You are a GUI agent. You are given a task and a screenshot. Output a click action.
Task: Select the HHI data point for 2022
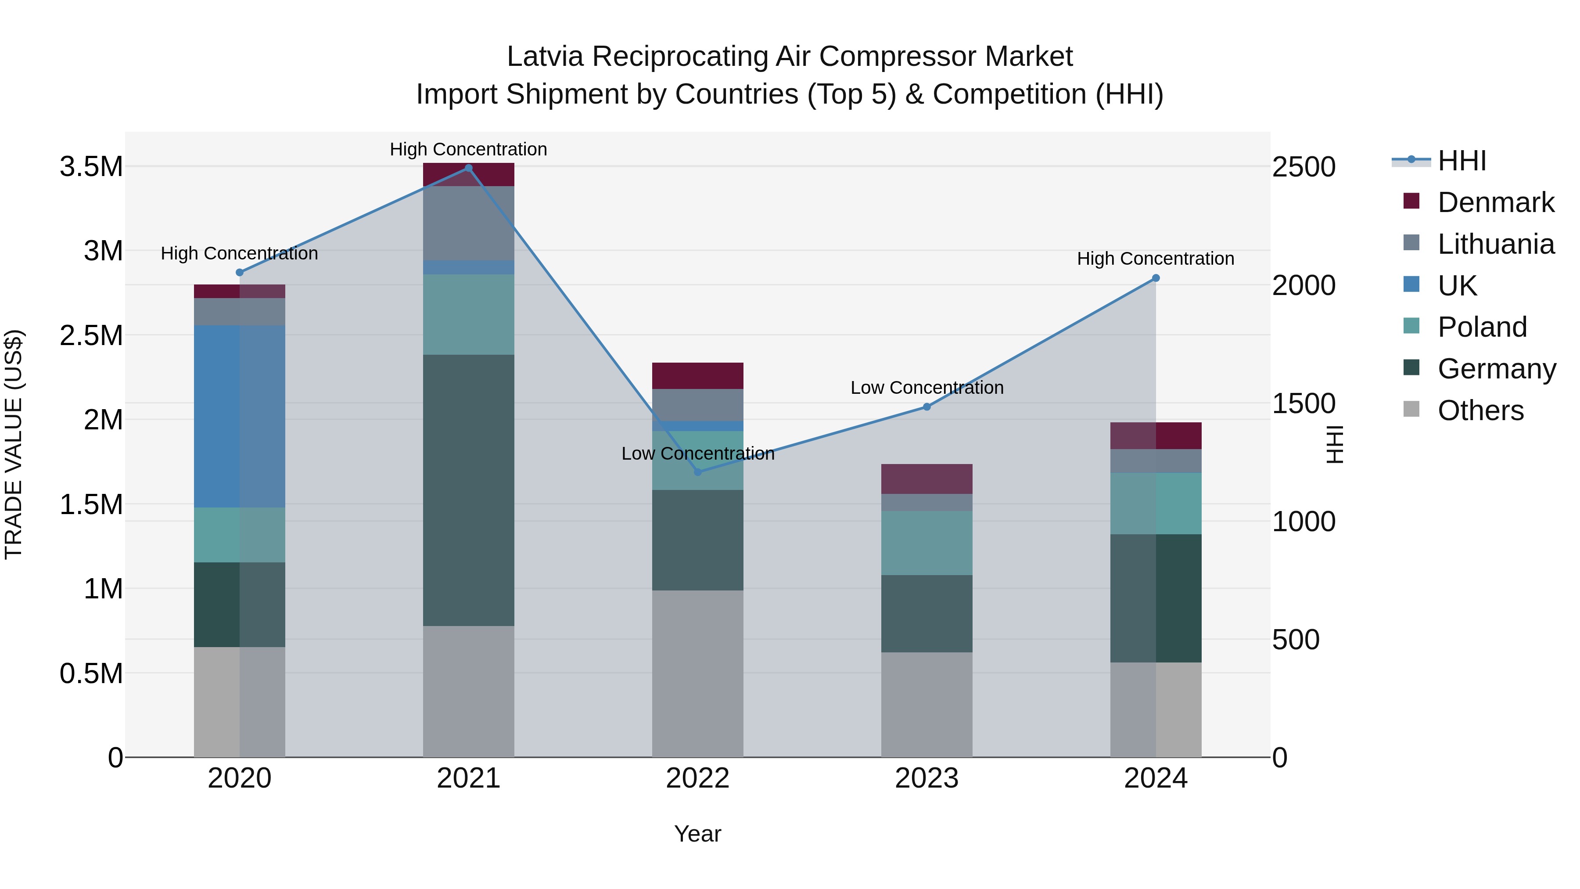(x=697, y=472)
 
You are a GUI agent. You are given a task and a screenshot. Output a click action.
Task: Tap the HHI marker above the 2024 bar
(x=1156, y=278)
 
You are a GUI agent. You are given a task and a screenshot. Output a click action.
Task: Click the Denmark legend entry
(x=1495, y=202)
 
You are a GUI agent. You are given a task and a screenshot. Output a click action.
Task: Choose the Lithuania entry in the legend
(x=1495, y=244)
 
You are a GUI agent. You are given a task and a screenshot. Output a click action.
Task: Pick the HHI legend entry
(x=1461, y=161)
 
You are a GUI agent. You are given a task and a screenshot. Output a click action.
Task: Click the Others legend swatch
(x=1411, y=409)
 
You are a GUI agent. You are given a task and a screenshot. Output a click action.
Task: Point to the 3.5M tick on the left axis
(x=91, y=167)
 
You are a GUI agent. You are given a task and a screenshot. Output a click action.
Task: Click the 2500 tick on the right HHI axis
(x=1303, y=167)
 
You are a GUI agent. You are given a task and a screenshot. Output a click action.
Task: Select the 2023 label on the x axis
(x=926, y=778)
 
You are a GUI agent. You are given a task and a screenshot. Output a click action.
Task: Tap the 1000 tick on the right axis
(x=1303, y=522)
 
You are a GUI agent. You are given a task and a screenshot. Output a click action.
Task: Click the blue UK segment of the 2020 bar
(x=239, y=416)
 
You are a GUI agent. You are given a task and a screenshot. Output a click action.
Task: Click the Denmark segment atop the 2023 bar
(x=926, y=479)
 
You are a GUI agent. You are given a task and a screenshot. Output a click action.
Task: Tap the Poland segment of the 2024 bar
(x=1156, y=503)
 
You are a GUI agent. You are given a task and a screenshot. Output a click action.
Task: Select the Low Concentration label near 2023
(x=926, y=388)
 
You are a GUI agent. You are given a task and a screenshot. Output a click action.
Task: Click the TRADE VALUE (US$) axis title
(x=14, y=444)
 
